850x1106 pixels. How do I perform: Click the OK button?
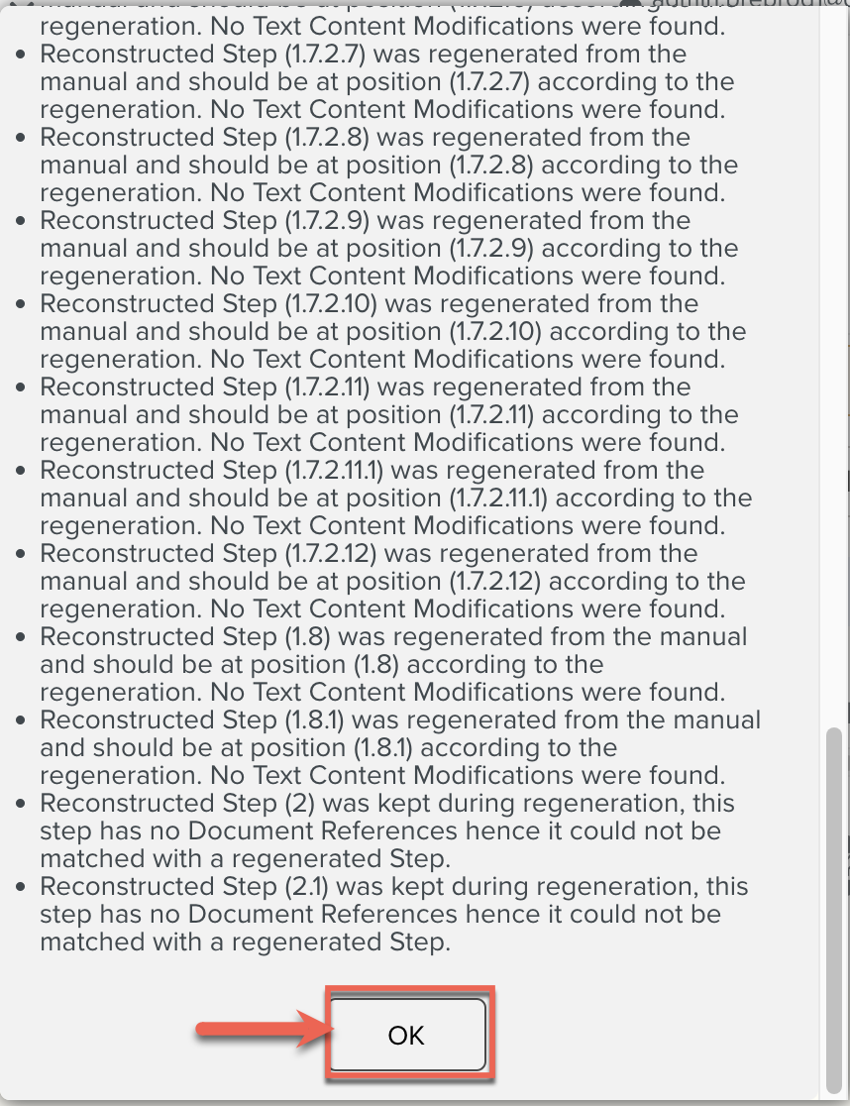tap(407, 1036)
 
